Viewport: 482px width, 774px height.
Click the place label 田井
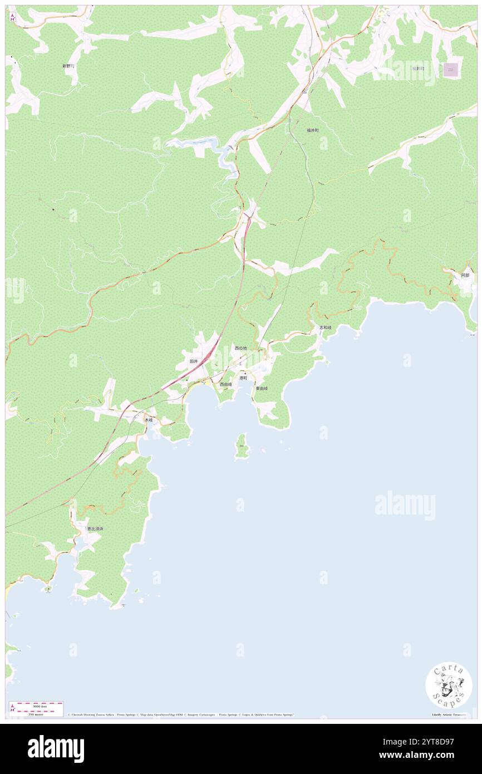tap(194, 361)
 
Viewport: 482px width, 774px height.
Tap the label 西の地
tap(240, 348)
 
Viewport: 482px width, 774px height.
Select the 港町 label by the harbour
tap(243, 378)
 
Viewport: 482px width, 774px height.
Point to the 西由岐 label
tap(225, 384)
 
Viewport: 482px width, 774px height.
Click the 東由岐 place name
tap(262, 388)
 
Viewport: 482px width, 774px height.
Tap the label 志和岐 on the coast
tap(325, 327)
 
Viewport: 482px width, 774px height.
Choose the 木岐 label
tap(148, 419)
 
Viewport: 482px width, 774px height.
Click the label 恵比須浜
tap(95, 528)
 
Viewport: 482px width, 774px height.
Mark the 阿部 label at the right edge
tap(465, 275)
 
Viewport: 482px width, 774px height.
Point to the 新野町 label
tap(68, 66)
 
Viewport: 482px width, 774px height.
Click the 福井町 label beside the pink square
tap(419, 68)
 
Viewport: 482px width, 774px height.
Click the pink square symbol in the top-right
tap(451, 70)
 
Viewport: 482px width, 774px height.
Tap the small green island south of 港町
tap(242, 447)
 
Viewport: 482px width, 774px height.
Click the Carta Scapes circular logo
tap(449, 685)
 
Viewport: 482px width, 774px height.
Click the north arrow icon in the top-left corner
tap(12, 17)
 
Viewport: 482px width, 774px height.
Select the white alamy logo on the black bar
tap(56, 748)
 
